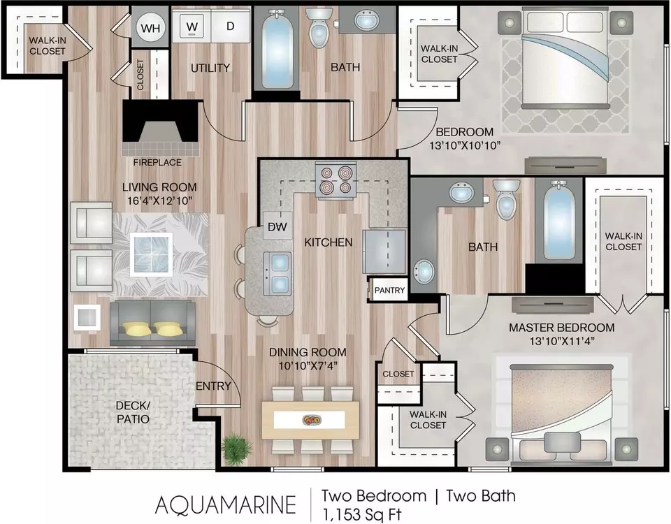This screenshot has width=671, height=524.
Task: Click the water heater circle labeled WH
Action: (150, 28)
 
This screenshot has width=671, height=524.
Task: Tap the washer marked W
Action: (192, 27)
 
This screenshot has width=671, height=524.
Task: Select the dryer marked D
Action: (230, 27)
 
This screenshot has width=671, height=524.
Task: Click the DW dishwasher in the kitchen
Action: (277, 226)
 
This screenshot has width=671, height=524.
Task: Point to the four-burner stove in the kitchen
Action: (336, 180)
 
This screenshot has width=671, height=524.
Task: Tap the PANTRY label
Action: (389, 291)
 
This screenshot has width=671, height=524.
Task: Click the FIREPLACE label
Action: (157, 163)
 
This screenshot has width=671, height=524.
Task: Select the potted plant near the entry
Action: (237, 449)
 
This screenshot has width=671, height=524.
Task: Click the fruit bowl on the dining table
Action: (310, 420)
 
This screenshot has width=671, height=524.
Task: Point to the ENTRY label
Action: (213, 386)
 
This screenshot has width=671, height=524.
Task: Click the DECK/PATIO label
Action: (133, 412)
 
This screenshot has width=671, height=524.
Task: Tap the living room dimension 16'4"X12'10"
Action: (159, 201)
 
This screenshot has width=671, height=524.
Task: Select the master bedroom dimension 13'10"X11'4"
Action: (561, 342)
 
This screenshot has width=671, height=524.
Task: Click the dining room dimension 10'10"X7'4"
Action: (308, 365)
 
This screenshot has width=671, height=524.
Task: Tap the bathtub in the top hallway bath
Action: (276, 50)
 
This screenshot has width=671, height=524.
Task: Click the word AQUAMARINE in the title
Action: (226, 504)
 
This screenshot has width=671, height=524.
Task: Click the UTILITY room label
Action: (210, 68)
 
